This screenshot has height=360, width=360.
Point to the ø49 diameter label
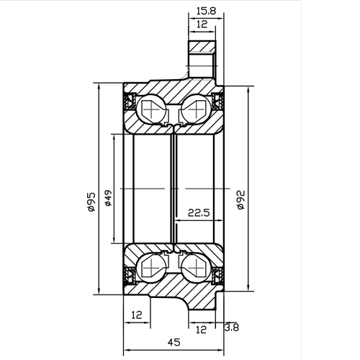[108, 199]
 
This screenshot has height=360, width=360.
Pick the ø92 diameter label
[240, 200]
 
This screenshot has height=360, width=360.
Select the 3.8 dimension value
[232, 327]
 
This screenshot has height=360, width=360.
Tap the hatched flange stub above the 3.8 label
[202, 302]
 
